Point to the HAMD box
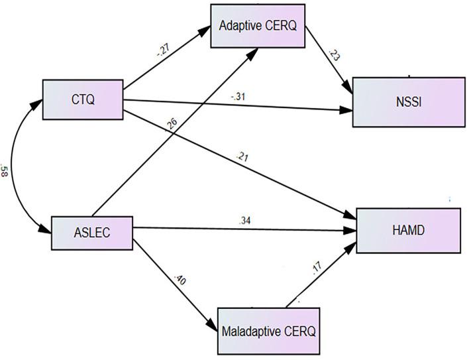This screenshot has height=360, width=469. coord(407,230)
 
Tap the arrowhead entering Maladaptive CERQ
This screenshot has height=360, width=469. coord(214,327)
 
